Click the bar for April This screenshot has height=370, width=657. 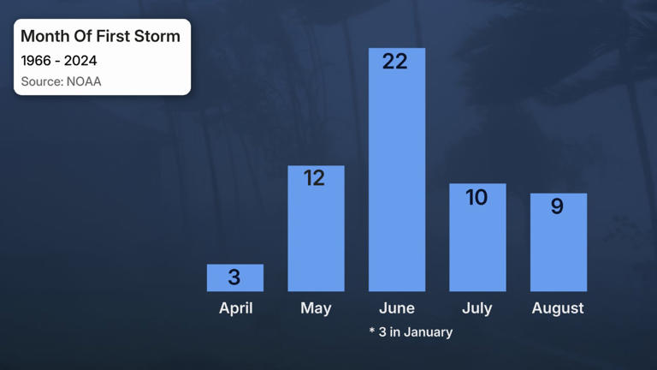pos(235,277)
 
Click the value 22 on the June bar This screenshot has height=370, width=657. pos(395,61)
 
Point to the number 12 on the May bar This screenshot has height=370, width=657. pos(314,177)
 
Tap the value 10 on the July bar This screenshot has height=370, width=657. pos(476,197)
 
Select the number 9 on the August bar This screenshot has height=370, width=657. pos(557,206)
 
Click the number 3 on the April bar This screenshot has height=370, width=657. pos(234,277)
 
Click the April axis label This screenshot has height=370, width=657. pos(235,308)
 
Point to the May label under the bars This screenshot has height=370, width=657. pos(316,308)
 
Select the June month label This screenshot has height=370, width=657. pos(397,308)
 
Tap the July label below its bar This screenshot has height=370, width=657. pos(477,308)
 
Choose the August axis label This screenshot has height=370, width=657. pos(558,308)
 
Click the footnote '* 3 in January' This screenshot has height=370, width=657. pos(411,331)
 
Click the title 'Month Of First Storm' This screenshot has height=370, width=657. pos(100,36)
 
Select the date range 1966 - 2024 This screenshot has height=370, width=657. pos(59,61)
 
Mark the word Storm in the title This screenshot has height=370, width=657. pos(157,36)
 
